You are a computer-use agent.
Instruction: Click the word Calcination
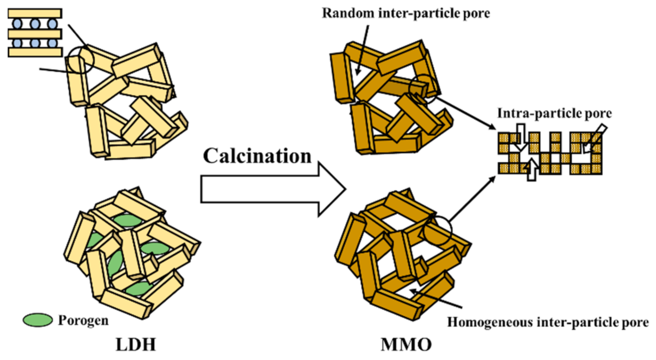(257, 156)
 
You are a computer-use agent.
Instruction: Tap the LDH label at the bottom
(136, 345)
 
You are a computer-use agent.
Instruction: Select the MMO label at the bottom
(406, 345)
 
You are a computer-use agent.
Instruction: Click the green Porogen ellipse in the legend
(38, 320)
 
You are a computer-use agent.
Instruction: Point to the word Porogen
(83, 320)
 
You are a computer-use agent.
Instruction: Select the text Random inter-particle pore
(406, 13)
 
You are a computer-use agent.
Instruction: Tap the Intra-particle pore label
(554, 113)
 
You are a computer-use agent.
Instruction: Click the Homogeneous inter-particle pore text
(548, 322)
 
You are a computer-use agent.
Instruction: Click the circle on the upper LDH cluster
(81, 60)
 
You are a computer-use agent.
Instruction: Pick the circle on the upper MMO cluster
(423, 89)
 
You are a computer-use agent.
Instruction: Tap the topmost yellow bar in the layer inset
(35, 13)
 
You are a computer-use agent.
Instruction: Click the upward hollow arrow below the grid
(532, 170)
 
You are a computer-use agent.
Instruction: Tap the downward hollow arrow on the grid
(520, 136)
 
